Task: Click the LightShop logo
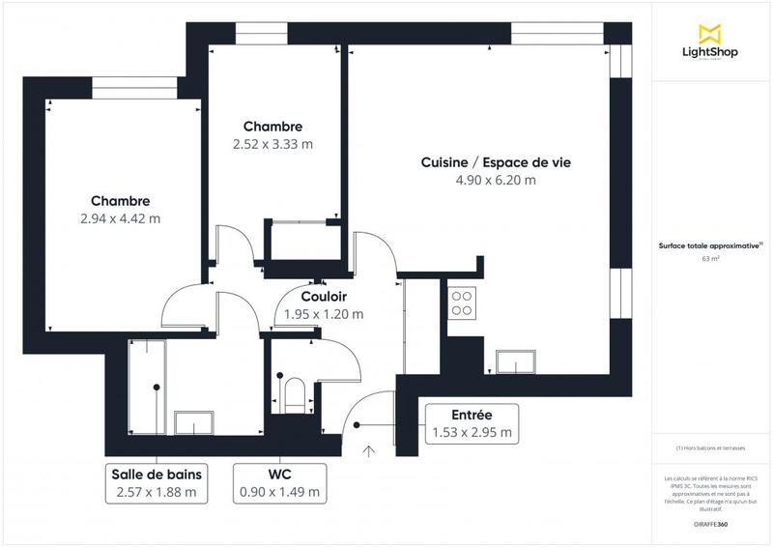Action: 710,43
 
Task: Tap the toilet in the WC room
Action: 296,392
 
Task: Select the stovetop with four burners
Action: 463,302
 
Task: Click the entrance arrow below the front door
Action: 368,449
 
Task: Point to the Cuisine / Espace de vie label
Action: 496,162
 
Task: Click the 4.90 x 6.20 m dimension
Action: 496,180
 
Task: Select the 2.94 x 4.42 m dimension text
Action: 121,218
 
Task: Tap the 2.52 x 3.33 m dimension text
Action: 272,144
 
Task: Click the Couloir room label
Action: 324,297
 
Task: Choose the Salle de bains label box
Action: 156,482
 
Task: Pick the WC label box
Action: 280,482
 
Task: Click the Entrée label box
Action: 472,423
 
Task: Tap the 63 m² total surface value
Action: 711,259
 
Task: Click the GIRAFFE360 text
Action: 711,522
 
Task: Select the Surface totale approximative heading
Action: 711,245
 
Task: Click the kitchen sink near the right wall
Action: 519,360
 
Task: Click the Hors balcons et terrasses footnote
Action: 711,448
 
